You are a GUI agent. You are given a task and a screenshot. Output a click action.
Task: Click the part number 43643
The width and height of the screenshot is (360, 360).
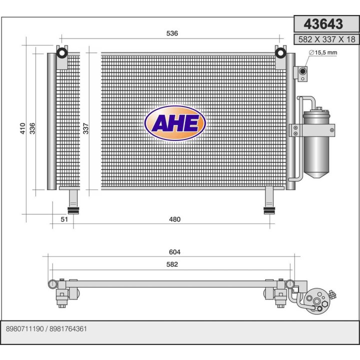(x=324, y=24)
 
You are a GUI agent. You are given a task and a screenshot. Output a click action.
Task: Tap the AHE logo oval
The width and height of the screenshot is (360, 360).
(x=174, y=123)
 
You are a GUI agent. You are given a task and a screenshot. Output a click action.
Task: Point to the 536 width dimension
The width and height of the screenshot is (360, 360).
(x=172, y=33)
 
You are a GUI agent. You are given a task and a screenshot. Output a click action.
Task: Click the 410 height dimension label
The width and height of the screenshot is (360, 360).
(x=23, y=128)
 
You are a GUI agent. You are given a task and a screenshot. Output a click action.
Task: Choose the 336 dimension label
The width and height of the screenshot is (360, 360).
(x=32, y=128)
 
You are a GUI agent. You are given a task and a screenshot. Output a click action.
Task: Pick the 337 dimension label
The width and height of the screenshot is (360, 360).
(x=85, y=128)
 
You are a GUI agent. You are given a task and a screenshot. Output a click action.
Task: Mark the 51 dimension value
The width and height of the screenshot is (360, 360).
(x=64, y=219)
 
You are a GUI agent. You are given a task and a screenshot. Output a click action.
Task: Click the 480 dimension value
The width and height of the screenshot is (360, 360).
(x=174, y=219)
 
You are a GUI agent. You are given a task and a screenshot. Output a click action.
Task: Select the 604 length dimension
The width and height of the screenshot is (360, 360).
(x=174, y=252)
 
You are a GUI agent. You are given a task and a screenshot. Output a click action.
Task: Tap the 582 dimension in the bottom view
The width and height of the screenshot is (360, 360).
(x=172, y=264)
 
